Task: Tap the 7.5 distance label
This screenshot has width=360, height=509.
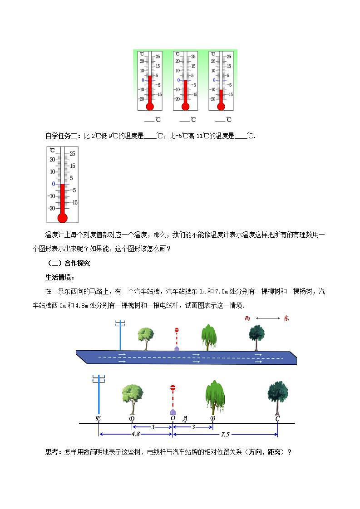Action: coord(225,434)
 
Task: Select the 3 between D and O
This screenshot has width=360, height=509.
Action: coord(153,427)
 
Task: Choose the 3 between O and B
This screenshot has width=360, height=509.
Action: coord(193,427)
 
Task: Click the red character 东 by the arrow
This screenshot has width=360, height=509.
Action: coord(286,318)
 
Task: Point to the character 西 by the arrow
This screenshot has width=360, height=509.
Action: coord(247,318)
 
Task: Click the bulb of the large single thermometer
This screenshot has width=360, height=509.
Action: coord(63,218)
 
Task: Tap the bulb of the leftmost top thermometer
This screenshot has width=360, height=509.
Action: coord(150,107)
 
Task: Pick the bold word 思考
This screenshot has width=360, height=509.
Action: coord(53,451)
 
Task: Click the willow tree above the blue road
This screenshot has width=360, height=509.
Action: coord(208,337)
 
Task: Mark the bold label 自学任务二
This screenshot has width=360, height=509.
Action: coord(63,135)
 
